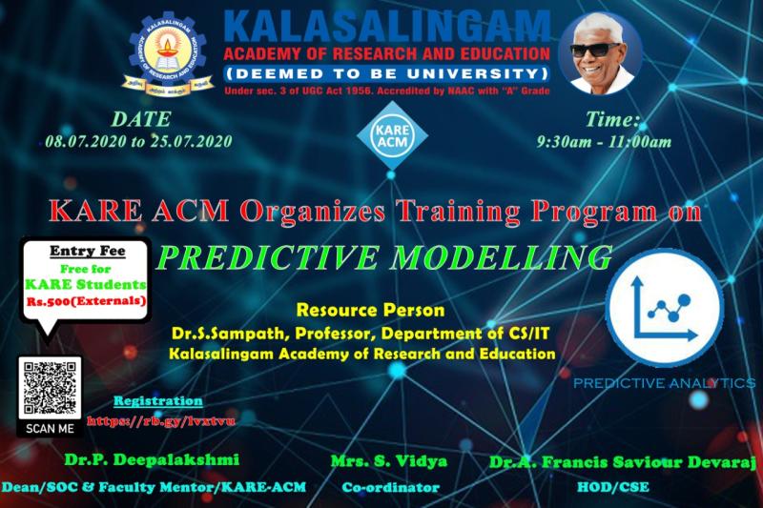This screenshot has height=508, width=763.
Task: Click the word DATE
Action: click(x=141, y=119)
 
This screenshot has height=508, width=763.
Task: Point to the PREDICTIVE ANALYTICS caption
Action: click(x=664, y=382)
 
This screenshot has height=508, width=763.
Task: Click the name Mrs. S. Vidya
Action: click(x=389, y=461)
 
